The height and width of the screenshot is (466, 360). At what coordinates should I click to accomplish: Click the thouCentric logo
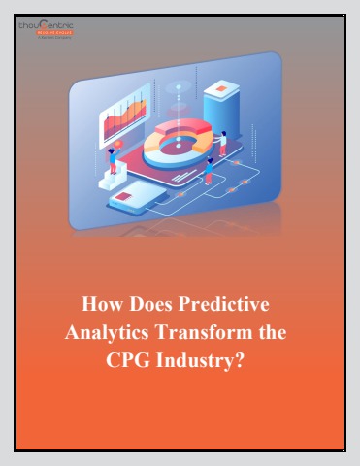tap(45, 28)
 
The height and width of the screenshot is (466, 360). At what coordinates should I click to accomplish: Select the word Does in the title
tap(148, 305)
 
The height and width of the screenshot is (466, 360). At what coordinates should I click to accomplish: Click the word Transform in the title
tap(210, 332)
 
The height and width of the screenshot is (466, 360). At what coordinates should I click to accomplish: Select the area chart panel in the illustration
tap(121, 121)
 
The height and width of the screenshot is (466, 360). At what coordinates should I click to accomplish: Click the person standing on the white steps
tap(114, 159)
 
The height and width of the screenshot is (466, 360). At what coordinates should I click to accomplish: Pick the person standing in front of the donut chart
tap(208, 171)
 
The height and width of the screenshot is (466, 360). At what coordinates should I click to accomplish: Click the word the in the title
tap(272, 332)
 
